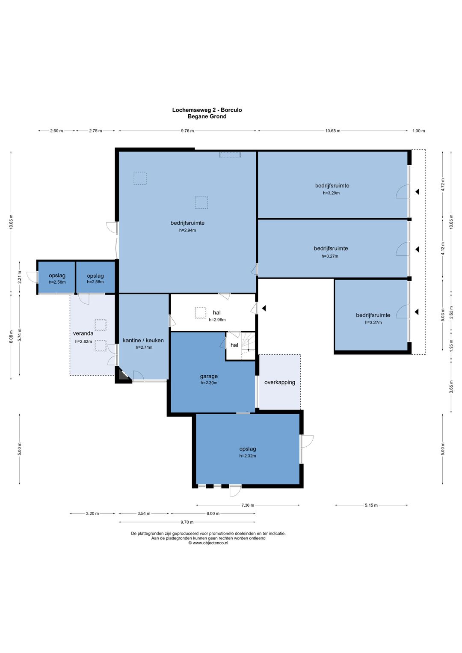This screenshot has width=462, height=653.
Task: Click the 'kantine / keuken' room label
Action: (x=143, y=340)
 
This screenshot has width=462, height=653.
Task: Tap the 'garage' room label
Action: (x=209, y=376)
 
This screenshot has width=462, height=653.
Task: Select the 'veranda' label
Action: (x=83, y=333)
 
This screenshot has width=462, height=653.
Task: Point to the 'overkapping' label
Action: (x=279, y=382)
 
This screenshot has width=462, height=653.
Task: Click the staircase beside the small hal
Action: (x=248, y=346)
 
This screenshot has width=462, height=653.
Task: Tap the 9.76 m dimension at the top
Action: (x=187, y=131)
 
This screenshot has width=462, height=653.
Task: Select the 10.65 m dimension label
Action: (x=332, y=131)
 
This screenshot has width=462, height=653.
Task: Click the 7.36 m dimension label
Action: (x=247, y=505)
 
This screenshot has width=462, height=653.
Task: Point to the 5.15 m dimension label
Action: (x=371, y=505)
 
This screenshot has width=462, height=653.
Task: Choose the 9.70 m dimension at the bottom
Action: (x=187, y=522)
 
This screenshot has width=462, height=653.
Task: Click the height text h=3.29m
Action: (x=331, y=193)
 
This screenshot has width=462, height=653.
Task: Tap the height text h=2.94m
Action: (x=187, y=230)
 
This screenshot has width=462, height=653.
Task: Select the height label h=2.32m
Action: (x=247, y=456)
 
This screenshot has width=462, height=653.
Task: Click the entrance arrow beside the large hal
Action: (x=264, y=308)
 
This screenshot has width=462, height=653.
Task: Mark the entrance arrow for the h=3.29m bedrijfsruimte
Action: (x=418, y=192)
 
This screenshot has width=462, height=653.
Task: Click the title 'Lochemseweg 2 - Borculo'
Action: (x=207, y=110)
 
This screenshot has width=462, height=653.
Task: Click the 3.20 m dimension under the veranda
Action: (x=92, y=513)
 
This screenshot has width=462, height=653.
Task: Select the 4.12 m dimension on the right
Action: (x=443, y=249)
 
